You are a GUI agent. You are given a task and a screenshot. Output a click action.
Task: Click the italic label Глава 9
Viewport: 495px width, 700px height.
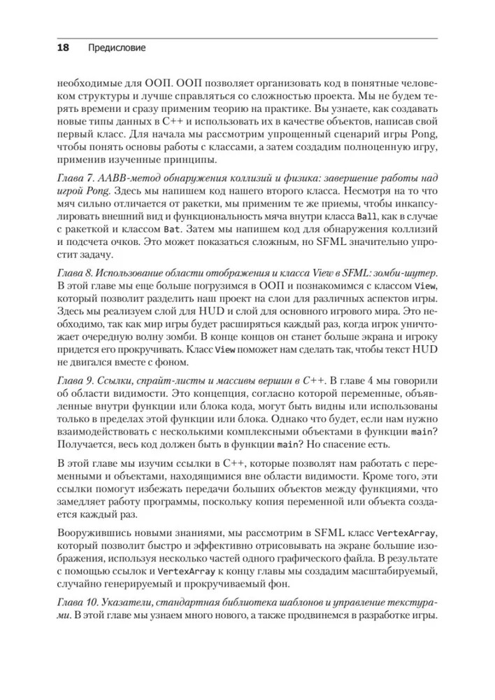click(73, 379)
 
